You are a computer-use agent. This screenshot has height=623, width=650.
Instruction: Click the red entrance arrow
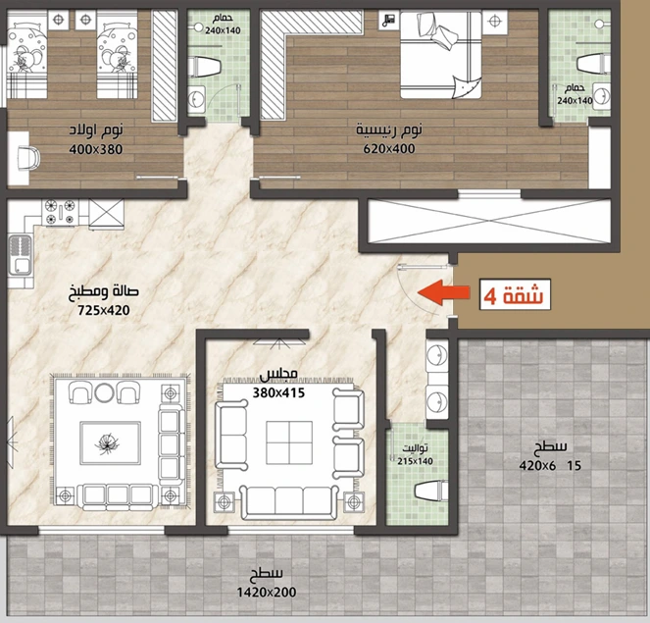[443, 292]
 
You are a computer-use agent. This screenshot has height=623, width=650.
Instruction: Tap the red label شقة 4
[515, 295]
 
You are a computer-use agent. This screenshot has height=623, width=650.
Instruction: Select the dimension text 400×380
[96, 149]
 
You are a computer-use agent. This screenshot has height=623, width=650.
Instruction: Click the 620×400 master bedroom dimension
[389, 148]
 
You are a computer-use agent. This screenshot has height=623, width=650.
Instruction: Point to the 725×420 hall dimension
[104, 310]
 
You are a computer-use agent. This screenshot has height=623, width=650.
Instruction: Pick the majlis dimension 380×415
[278, 392]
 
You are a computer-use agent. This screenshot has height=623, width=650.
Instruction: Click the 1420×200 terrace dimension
[267, 593]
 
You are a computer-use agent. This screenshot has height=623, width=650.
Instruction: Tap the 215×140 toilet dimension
[415, 461]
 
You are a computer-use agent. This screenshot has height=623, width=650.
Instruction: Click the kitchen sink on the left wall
[20, 255]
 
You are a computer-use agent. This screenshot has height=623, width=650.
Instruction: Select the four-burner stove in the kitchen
[60, 212]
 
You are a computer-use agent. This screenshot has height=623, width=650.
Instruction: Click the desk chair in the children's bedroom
[29, 158]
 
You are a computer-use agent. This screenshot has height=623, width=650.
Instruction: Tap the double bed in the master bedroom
[441, 55]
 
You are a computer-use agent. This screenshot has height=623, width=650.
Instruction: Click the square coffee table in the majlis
[289, 442]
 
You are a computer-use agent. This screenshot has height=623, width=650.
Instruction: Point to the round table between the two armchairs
[104, 392]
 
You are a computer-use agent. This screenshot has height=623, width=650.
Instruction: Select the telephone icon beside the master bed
[389, 20]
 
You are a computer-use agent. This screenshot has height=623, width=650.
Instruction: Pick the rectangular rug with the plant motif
[110, 443]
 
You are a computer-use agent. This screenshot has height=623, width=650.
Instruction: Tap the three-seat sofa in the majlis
[289, 502]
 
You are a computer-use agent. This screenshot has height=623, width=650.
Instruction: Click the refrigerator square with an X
[107, 214]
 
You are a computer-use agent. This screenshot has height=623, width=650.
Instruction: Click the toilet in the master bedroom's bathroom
[593, 65]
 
